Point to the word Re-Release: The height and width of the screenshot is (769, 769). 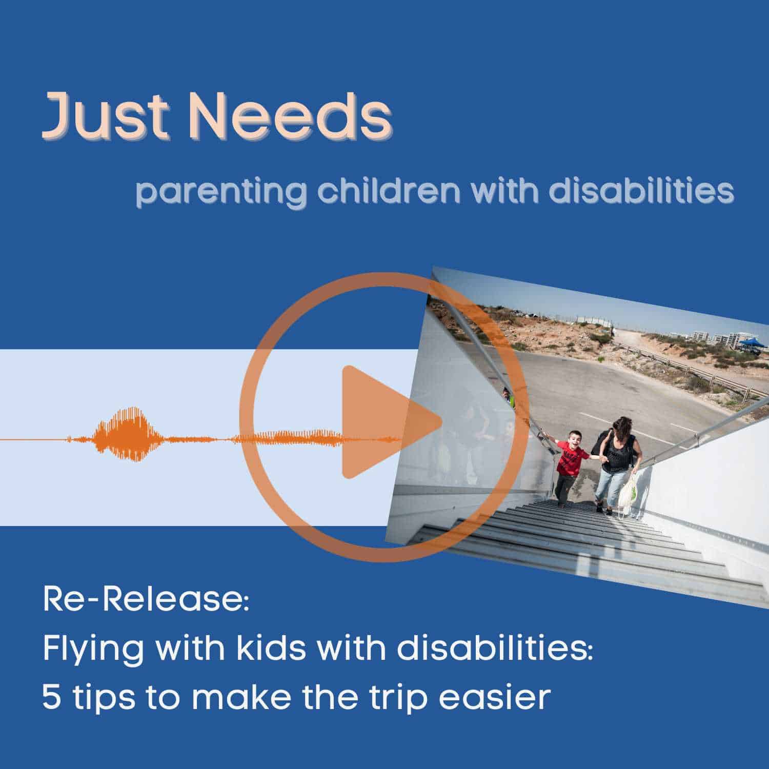146,600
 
